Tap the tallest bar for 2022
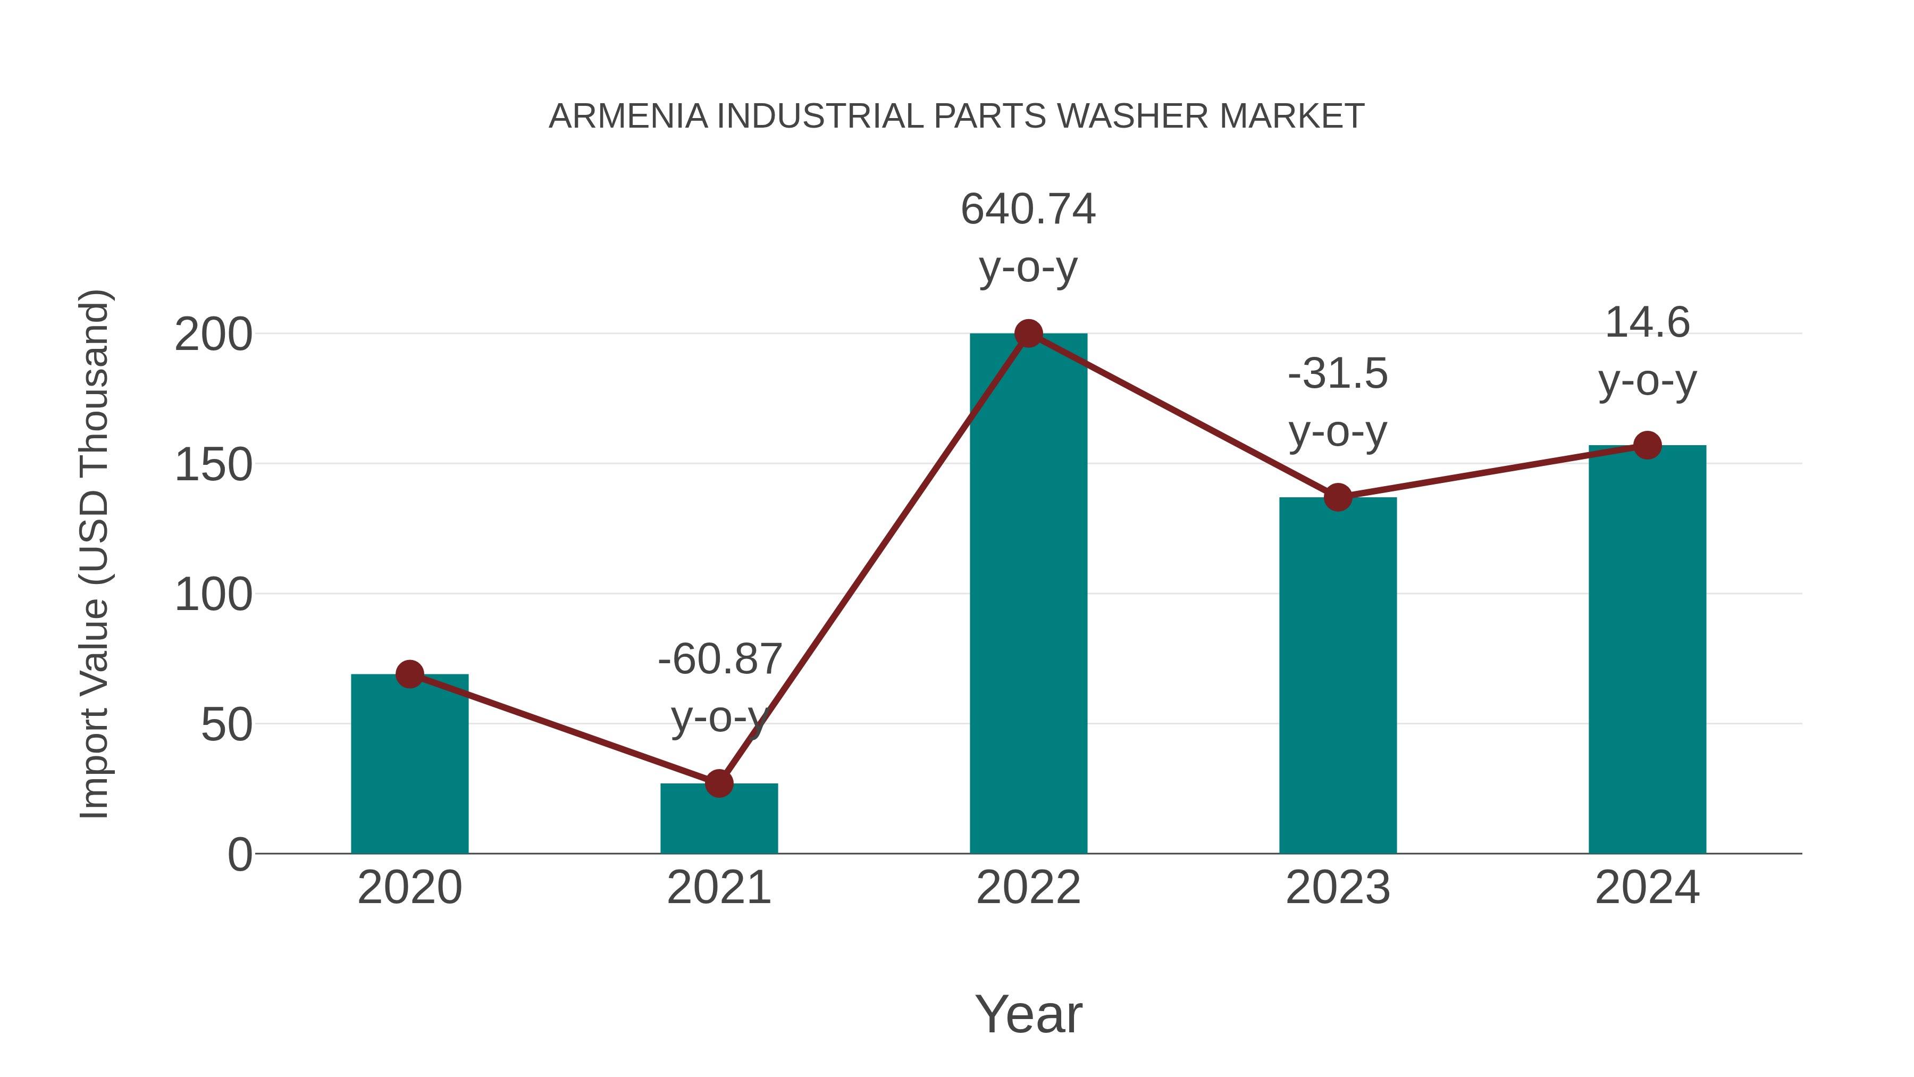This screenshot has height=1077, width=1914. [x=1028, y=595]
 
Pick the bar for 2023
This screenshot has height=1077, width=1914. [x=1338, y=677]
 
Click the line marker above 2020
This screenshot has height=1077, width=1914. [x=409, y=674]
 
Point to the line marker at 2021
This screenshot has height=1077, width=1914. [x=718, y=783]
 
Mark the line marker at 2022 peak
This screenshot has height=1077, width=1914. [x=1028, y=333]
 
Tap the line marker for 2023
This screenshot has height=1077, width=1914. [x=1338, y=497]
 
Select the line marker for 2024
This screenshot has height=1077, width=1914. [x=1647, y=445]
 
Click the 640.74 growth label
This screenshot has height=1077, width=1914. [x=1028, y=209]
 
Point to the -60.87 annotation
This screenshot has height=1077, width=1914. [x=720, y=659]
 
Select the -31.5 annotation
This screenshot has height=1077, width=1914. [x=1338, y=373]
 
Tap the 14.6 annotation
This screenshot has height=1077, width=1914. [x=1647, y=323]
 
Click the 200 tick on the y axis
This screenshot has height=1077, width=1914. [x=213, y=335]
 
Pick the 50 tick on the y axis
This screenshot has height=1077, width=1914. [x=226, y=725]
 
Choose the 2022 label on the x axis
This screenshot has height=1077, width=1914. [x=1028, y=888]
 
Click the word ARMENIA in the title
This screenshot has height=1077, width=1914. [x=628, y=116]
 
